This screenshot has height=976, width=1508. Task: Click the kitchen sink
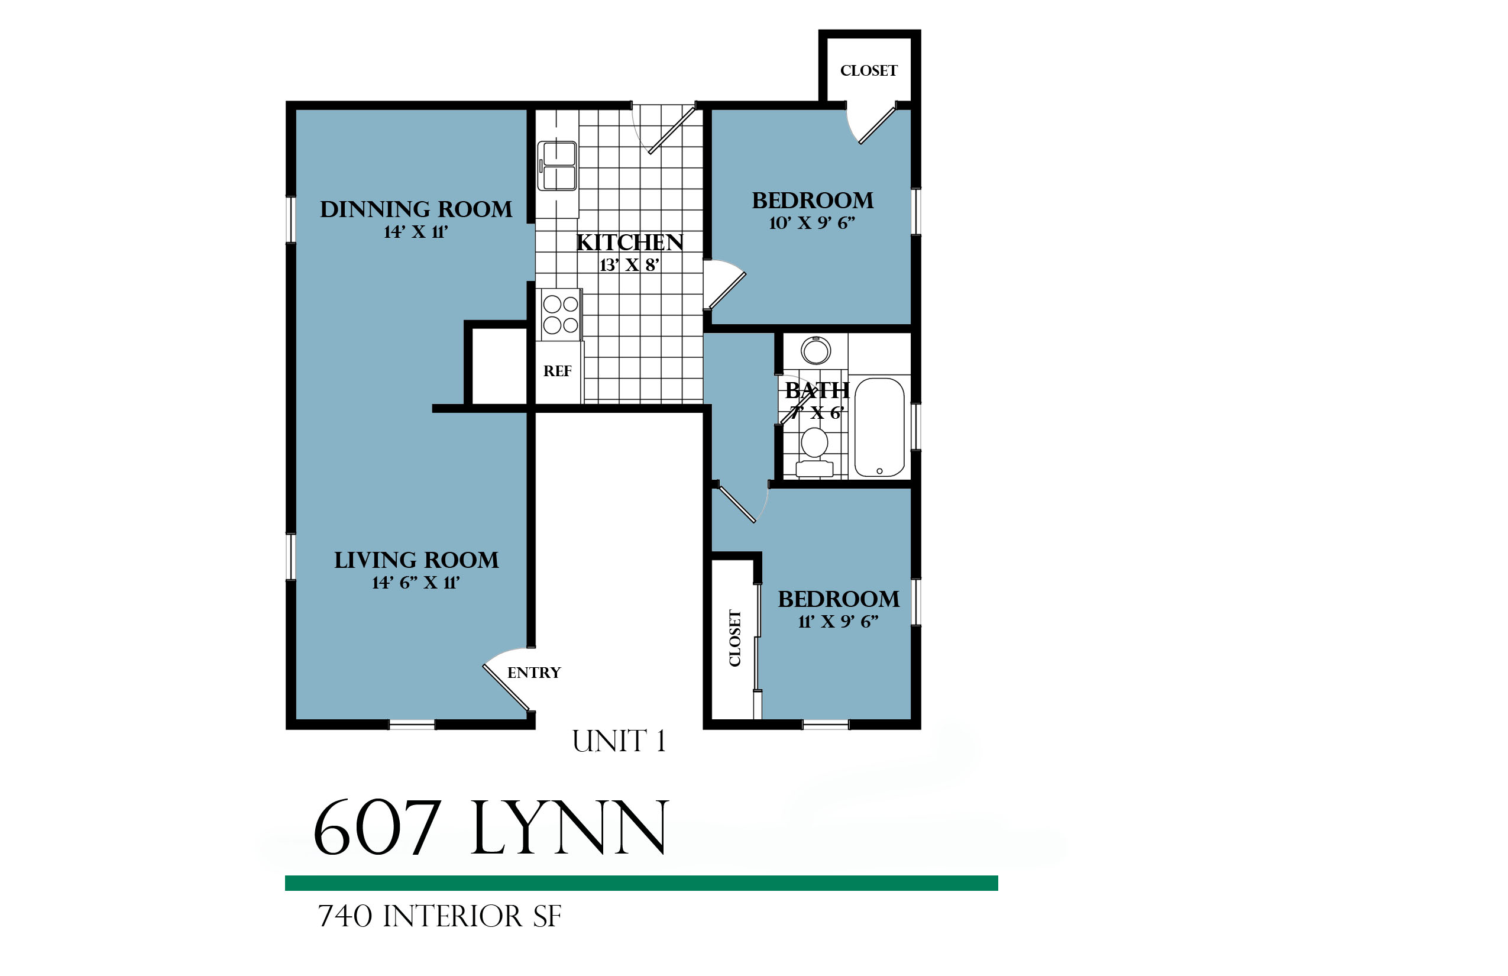[557, 166]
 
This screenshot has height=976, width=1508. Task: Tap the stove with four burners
[561, 315]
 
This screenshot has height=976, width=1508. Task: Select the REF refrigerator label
[558, 371]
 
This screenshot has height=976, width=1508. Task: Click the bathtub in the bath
[879, 427]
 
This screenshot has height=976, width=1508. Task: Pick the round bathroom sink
[816, 350]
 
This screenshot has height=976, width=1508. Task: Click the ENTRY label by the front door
[534, 673]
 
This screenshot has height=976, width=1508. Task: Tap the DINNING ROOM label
[416, 209]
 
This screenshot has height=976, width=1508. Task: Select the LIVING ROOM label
[416, 560]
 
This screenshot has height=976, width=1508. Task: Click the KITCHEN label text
[630, 242]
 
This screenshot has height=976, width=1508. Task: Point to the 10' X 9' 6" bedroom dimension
[813, 223]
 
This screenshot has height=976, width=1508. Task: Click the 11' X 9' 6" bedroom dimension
[839, 622]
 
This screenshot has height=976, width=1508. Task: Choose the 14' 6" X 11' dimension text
[416, 583]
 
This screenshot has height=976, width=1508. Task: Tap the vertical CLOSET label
[735, 638]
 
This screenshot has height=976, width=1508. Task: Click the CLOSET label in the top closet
[869, 70]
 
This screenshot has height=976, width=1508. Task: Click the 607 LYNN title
[491, 828]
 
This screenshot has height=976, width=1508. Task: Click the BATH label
[817, 390]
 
